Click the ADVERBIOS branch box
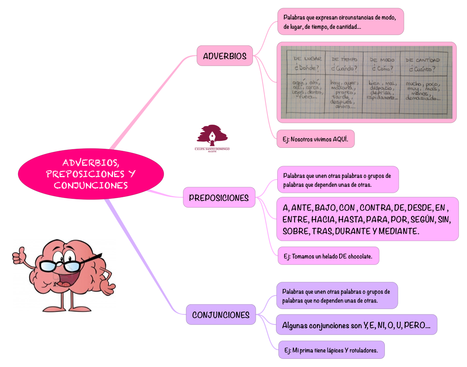[225, 56]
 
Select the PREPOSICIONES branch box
[219, 198]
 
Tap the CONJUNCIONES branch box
[221, 315]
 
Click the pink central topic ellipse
[91, 174]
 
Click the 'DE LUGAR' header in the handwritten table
[308, 60]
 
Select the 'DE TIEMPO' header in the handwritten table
[344, 60]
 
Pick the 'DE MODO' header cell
[382, 60]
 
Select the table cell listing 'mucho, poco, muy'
[423, 92]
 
